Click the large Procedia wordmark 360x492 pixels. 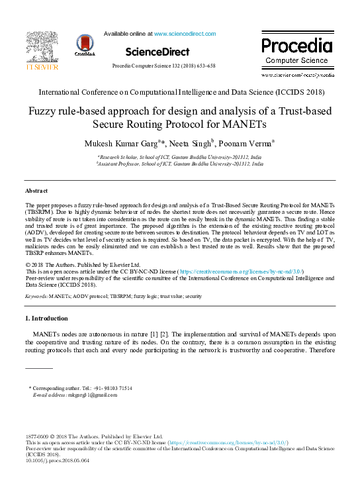[x=296, y=46]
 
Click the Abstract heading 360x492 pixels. [x=36, y=191]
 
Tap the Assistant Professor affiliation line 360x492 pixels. [x=179, y=162]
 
